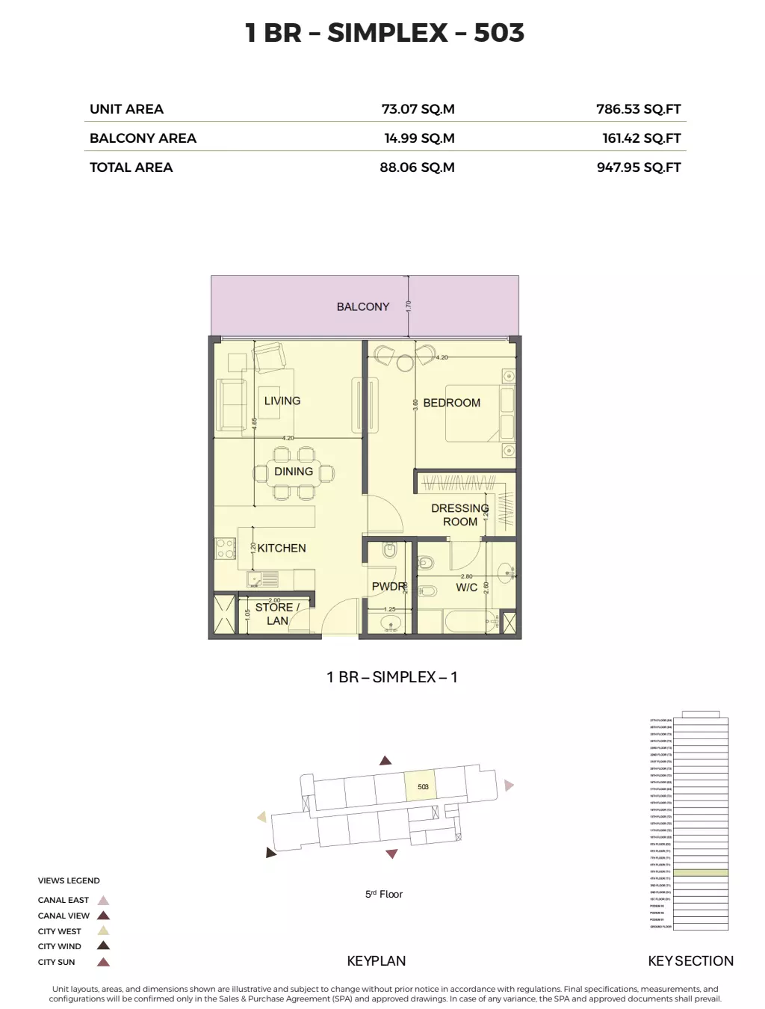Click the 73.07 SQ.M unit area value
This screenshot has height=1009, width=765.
point(418,109)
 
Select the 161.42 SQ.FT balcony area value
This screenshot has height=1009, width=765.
point(641,138)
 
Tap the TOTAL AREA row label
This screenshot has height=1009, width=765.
point(131,167)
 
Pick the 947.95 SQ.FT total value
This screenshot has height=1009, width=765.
point(639,167)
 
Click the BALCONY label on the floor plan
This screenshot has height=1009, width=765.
point(362,306)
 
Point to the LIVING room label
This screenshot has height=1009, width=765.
point(282,401)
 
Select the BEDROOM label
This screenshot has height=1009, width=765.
point(451,403)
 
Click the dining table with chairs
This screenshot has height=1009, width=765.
point(294,472)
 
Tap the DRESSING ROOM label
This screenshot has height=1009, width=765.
point(459,515)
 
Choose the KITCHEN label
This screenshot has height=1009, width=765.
point(282,548)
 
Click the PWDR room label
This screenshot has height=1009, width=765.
point(388,587)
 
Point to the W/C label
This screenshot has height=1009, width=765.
point(466,587)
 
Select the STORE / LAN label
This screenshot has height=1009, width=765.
point(276,614)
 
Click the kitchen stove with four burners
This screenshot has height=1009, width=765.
point(226,549)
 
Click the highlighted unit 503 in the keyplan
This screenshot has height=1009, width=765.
point(422,786)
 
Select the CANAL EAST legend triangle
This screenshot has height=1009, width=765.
point(104,901)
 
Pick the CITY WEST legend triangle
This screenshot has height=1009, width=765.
point(104,931)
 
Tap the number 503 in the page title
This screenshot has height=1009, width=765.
point(499,33)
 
